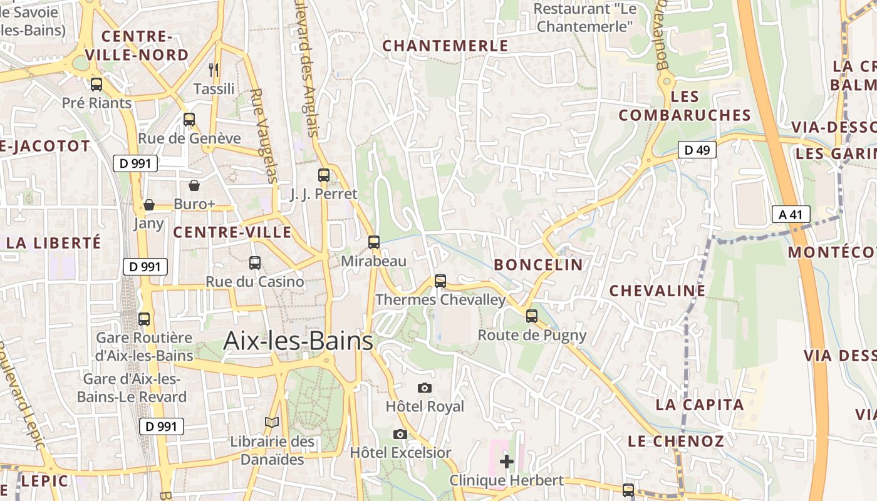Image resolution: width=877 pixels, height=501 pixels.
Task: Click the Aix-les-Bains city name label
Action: click(x=298, y=341)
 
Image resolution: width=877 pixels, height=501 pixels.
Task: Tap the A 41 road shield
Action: click(x=791, y=214)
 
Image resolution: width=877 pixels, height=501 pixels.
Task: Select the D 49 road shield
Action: click(x=697, y=150)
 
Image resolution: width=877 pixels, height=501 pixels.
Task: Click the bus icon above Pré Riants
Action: click(x=96, y=84)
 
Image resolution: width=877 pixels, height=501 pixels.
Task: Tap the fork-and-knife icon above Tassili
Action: click(x=214, y=70)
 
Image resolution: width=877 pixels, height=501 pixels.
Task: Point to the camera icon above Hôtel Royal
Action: click(x=425, y=388)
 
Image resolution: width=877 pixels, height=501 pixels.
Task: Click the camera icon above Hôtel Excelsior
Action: click(x=400, y=434)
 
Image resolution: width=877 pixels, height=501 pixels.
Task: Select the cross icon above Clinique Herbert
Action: click(x=507, y=462)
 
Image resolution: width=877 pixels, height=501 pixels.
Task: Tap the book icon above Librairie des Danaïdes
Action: click(x=272, y=423)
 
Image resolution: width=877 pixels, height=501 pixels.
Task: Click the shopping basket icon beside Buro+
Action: click(x=194, y=185)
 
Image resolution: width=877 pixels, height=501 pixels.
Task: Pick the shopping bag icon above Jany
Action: click(x=149, y=205)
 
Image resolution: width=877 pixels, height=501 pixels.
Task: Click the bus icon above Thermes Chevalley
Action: click(x=440, y=281)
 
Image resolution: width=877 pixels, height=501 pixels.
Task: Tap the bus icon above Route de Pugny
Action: click(x=532, y=316)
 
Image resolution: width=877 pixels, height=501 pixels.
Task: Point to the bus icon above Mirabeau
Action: click(x=374, y=242)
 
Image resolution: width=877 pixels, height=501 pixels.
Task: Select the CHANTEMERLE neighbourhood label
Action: click(x=445, y=46)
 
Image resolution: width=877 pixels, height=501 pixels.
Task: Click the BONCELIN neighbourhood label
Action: click(x=538, y=265)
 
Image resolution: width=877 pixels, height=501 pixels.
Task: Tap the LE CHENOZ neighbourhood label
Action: click(x=676, y=441)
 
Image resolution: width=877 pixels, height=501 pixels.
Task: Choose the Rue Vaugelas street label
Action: click(x=264, y=135)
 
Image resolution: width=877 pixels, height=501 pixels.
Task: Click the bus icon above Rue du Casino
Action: click(x=255, y=263)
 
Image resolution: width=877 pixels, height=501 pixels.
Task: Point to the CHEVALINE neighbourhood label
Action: click(x=657, y=291)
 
